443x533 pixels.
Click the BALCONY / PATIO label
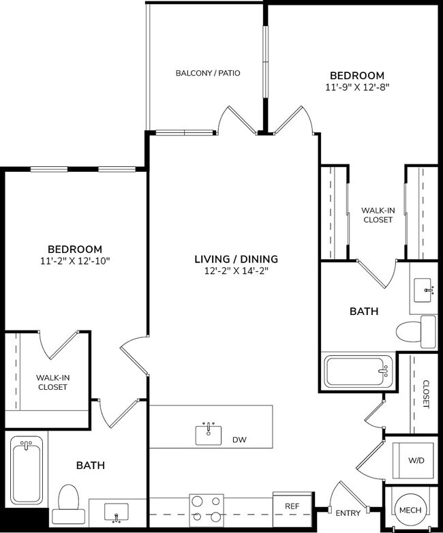tap(208, 73)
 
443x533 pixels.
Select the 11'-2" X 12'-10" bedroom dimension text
tap(75, 261)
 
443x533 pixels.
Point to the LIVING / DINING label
tap(236, 259)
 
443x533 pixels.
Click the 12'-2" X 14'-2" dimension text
tap(236, 271)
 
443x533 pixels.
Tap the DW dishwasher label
tap(239, 440)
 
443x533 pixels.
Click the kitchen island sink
tap(209, 433)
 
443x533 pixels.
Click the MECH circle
tap(410, 511)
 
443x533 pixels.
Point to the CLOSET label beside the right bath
tap(425, 394)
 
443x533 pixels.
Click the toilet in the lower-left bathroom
tap(70, 499)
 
